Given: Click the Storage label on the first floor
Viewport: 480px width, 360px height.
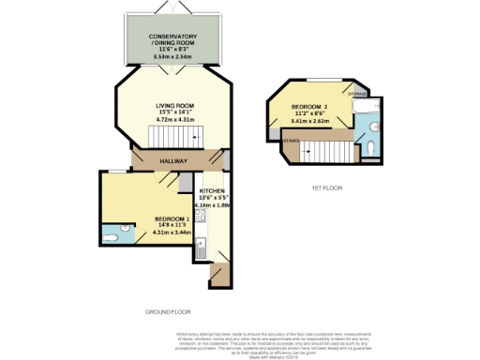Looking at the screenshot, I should [x=357, y=94].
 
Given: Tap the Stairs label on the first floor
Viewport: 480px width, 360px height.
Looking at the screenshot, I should [x=291, y=142].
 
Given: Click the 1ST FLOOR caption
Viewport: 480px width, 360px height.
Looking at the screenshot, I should [x=327, y=188].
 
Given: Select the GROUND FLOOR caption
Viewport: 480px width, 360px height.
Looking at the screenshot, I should [x=167, y=310].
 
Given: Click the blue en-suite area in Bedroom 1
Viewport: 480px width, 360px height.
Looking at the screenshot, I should [x=113, y=235].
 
